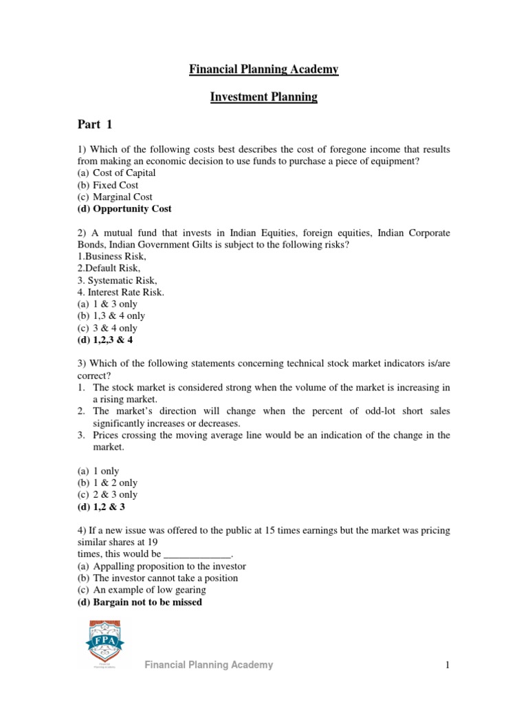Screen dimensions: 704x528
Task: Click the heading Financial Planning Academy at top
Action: pos(263,69)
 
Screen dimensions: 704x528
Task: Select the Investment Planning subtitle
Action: pos(263,97)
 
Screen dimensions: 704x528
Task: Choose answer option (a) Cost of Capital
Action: pos(116,173)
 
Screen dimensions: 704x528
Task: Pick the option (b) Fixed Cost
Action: pos(107,185)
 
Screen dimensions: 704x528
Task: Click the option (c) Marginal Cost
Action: pos(114,197)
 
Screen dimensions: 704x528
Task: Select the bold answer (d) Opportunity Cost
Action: pos(124,208)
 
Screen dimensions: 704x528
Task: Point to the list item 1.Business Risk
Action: pos(111,256)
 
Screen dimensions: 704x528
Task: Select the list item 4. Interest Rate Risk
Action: pos(120,292)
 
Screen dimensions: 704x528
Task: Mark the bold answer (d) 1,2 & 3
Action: pos(101,507)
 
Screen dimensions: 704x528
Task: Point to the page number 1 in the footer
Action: pos(447,665)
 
